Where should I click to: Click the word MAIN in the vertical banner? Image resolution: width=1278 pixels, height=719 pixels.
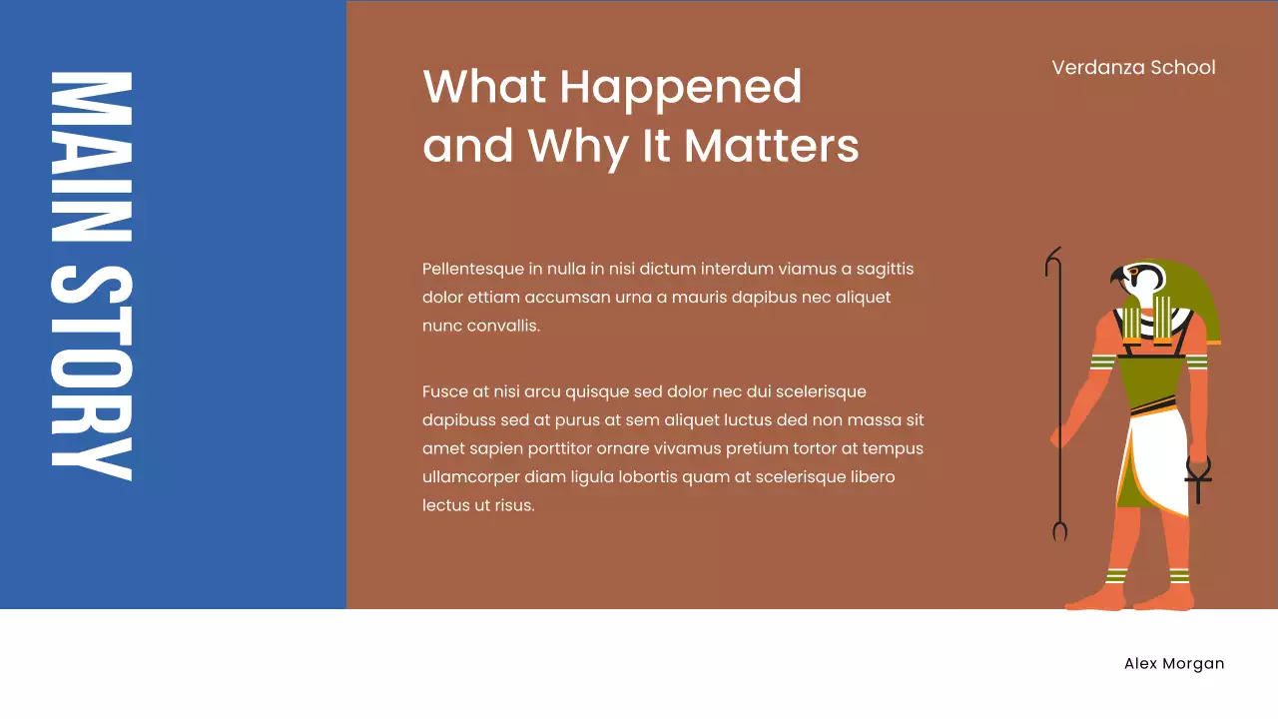[x=91, y=157]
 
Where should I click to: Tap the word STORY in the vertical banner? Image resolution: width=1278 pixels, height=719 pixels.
[x=91, y=372]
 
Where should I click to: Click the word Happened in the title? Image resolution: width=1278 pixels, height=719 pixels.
[x=680, y=87]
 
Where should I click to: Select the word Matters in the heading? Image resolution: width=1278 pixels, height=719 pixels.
[x=771, y=146]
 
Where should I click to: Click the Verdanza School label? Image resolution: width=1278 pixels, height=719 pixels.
[x=1133, y=68]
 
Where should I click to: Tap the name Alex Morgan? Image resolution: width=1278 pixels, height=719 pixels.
[x=1173, y=664]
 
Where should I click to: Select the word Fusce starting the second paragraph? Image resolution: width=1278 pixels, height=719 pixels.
[x=445, y=391]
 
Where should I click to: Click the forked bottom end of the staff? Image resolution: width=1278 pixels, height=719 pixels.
[x=1059, y=530]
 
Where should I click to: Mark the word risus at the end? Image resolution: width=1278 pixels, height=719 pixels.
[x=513, y=505]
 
